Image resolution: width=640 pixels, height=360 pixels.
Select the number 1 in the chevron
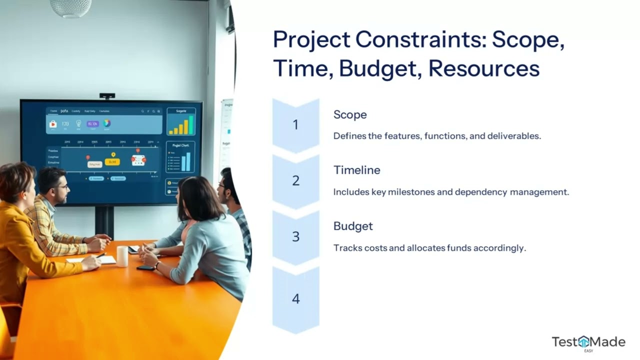295,125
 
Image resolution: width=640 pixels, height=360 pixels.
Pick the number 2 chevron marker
295,181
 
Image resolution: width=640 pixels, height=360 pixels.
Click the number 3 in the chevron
295,237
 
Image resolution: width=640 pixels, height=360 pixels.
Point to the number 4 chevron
295,299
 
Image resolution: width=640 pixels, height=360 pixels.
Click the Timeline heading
356,170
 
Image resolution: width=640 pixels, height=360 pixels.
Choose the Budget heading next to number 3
353,226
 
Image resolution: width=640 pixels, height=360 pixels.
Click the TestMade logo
588,342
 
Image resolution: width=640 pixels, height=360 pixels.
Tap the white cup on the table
122,256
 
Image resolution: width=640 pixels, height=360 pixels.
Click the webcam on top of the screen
107,95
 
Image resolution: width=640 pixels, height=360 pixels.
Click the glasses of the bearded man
61,186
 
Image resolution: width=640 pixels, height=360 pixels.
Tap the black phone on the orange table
145,267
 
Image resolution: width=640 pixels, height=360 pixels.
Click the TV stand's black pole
104,222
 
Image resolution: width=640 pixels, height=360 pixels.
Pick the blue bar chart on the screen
185,161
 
